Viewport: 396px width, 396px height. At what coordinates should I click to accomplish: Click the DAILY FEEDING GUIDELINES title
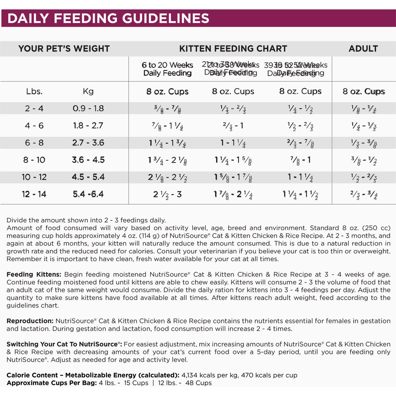point(108,18)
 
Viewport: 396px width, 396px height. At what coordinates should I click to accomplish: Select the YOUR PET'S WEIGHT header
point(64,49)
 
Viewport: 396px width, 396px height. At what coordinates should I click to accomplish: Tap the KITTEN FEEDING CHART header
point(233,49)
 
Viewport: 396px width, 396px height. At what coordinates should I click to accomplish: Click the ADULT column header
point(363,49)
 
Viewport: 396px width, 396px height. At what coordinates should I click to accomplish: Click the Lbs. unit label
point(34,91)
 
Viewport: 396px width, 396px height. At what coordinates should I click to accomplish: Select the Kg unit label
point(88,91)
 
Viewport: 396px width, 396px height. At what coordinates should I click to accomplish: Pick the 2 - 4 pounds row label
point(34,108)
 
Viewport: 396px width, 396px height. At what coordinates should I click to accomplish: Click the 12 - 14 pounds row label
point(34,194)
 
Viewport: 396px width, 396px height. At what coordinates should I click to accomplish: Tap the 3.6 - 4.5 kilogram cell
point(88,160)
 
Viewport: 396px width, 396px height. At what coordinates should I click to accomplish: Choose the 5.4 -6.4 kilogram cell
point(88,194)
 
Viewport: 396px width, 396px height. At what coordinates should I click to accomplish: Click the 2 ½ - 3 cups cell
point(167,194)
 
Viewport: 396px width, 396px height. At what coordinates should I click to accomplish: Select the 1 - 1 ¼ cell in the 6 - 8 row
point(233,143)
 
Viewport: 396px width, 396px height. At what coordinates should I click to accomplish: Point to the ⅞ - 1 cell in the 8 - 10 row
point(300,160)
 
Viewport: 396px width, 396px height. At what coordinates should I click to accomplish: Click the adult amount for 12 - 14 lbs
point(364,194)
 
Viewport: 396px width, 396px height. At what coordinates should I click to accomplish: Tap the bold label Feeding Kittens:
point(34,275)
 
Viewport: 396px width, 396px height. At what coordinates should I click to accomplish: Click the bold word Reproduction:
point(30,321)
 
